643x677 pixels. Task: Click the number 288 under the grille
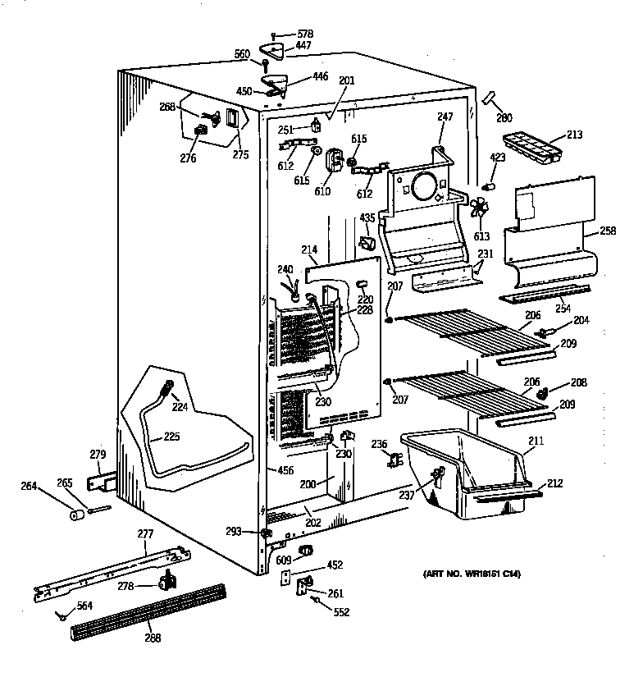[153, 638]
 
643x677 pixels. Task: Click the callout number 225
[171, 437]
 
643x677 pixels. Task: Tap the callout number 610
[321, 192]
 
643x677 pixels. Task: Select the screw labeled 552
[315, 602]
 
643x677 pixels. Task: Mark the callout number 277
[145, 534]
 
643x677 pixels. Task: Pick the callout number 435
[366, 217]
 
